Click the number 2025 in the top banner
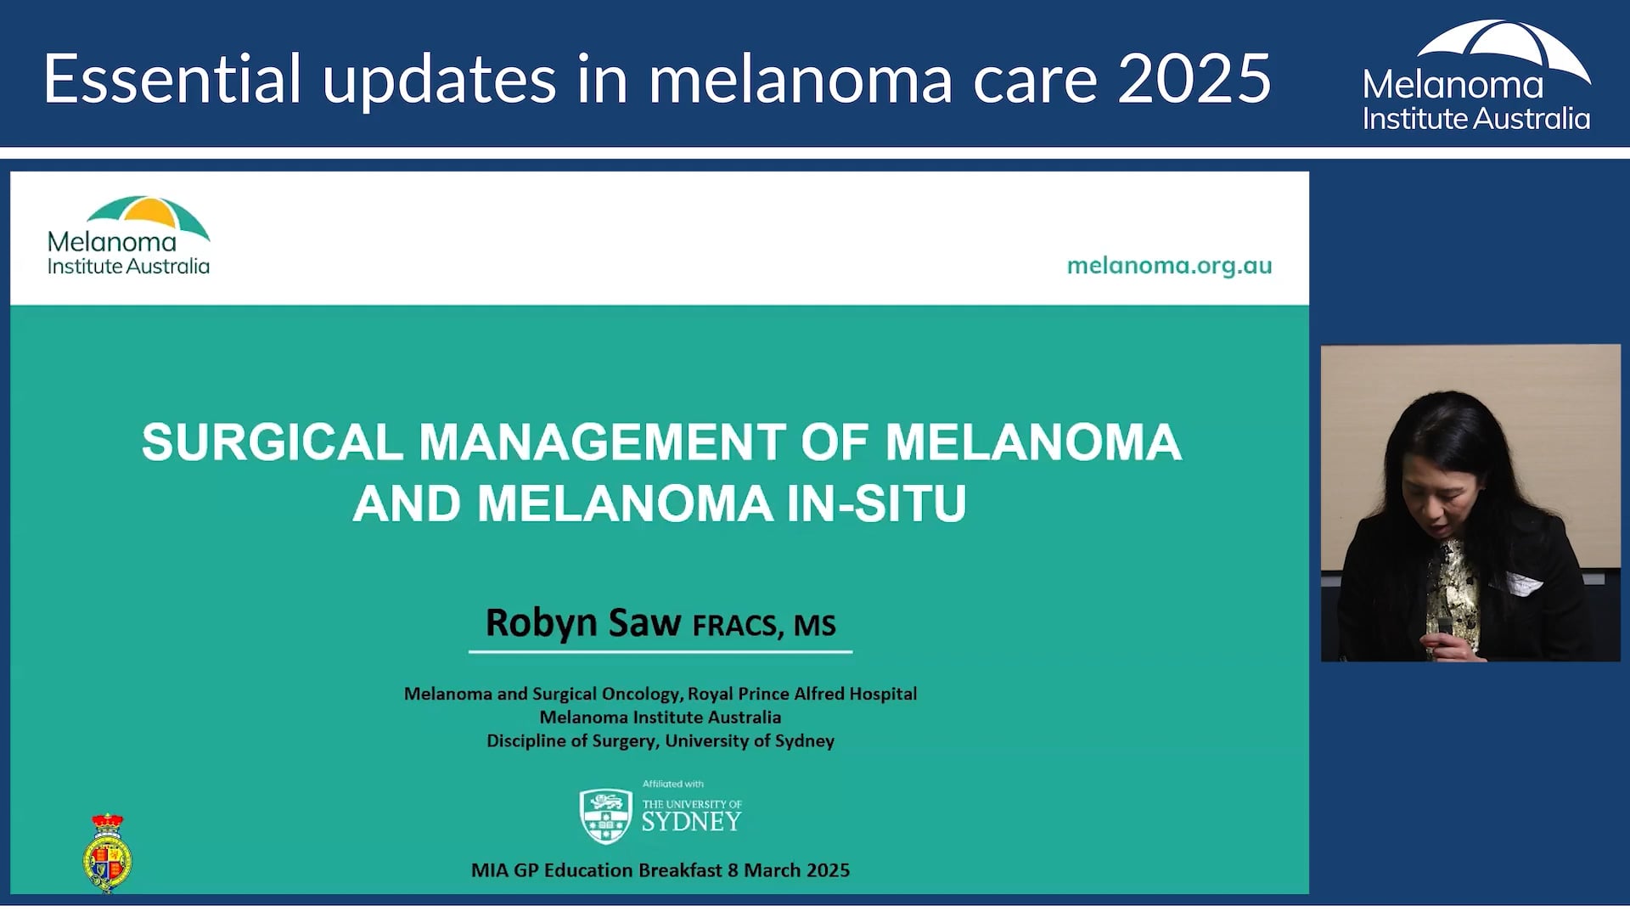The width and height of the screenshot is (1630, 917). tap(1194, 79)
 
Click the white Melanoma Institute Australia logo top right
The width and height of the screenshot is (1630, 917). tap(1476, 76)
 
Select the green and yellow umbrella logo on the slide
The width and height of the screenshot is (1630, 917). tap(148, 215)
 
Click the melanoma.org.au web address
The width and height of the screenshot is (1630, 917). tap(1169, 266)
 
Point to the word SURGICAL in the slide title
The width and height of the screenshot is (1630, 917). tap(272, 442)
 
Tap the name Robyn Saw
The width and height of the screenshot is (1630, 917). tap(582, 622)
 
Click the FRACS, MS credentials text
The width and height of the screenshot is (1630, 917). tap(764, 626)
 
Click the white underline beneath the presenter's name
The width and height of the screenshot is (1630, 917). tap(660, 652)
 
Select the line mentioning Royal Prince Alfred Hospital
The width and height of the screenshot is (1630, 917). tap(660, 694)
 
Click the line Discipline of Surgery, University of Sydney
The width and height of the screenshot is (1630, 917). tap(660, 741)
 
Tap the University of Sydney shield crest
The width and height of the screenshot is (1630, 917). tap(605, 816)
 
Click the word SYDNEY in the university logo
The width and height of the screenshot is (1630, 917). tap(691, 822)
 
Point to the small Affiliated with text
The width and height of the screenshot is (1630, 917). tap(672, 784)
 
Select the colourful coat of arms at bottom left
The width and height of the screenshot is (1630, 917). tap(108, 853)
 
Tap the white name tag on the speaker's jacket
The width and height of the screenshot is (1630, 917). tap(1523, 584)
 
